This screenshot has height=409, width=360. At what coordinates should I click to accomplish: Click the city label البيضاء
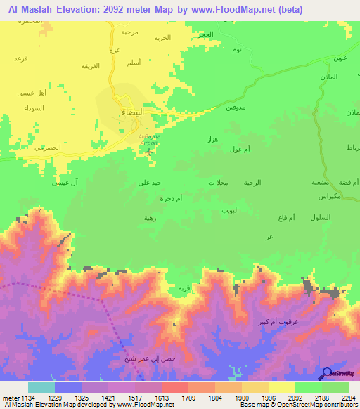pyautogui.click(x=132, y=112)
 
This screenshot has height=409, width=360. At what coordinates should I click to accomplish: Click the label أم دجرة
pyautogui.click(x=172, y=199)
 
